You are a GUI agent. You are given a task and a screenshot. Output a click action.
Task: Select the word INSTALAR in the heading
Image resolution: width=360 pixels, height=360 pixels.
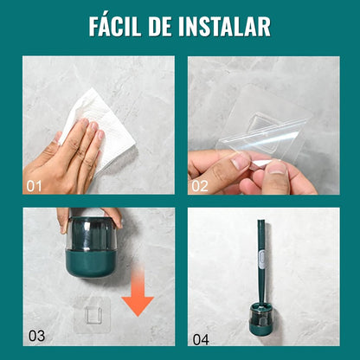(x=235, y=26)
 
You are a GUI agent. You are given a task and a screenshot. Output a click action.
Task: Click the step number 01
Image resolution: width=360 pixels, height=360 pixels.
(x=35, y=185)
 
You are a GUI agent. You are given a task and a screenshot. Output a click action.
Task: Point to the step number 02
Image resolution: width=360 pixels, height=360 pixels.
(x=201, y=185)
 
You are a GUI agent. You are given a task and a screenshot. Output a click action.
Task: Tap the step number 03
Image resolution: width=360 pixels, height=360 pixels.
(x=35, y=336)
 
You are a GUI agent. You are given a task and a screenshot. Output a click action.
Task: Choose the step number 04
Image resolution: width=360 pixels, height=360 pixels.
(x=201, y=338)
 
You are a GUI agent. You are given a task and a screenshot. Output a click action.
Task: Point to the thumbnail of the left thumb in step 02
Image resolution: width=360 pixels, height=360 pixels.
(x=241, y=160)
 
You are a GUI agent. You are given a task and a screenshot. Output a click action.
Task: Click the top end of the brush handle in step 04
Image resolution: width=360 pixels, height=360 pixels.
(x=260, y=224)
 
